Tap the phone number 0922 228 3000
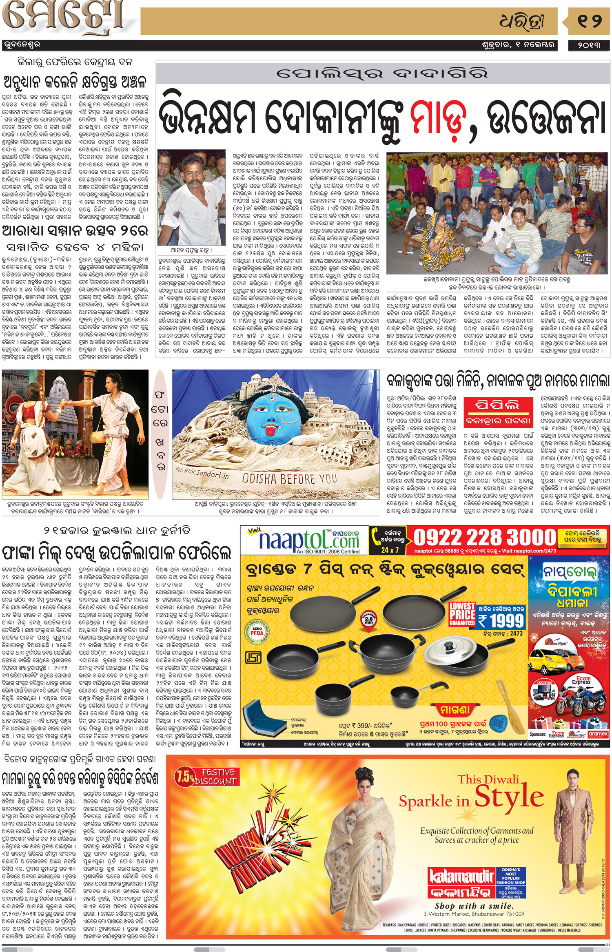(485, 538)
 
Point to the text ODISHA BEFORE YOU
(289, 478)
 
